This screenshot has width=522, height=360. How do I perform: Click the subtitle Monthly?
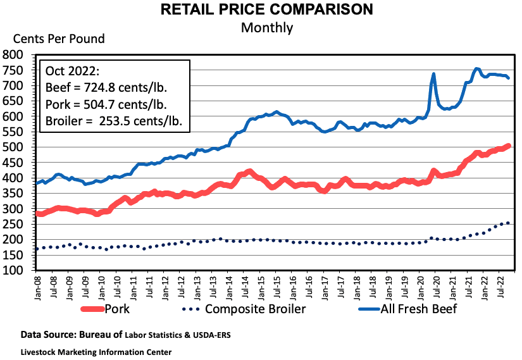266,27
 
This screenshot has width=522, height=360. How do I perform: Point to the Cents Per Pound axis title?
54,39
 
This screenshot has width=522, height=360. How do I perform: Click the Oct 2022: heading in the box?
71,70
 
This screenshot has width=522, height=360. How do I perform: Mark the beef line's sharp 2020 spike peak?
433,74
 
